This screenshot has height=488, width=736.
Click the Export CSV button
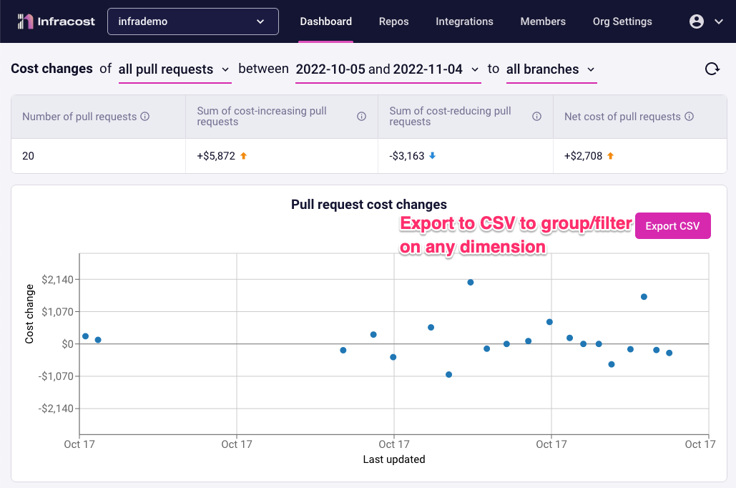(x=672, y=226)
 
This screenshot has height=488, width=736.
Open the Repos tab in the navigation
(x=393, y=21)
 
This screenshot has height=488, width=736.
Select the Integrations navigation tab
(x=464, y=21)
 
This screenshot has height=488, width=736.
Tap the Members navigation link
(x=543, y=21)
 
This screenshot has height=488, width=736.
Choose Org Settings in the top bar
(x=622, y=21)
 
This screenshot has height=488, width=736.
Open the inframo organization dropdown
(x=193, y=21)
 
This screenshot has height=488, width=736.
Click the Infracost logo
(x=57, y=21)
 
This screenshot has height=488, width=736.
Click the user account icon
(x=697, y=21)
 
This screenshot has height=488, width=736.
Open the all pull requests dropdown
(x=175, y=69)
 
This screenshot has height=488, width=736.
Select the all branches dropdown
(x=551, y=69)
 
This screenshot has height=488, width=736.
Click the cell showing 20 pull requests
(x=28, y=155)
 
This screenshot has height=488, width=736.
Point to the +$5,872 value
(x=216, y=155)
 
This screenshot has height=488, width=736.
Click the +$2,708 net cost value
(x=584, y=155)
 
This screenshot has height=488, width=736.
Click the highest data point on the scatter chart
(x=471, y=282)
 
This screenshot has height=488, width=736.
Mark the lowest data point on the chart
(x=448, y=374)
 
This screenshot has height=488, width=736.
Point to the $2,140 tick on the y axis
(x=57, y=279)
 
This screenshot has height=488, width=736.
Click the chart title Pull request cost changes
(x=368, y=205)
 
